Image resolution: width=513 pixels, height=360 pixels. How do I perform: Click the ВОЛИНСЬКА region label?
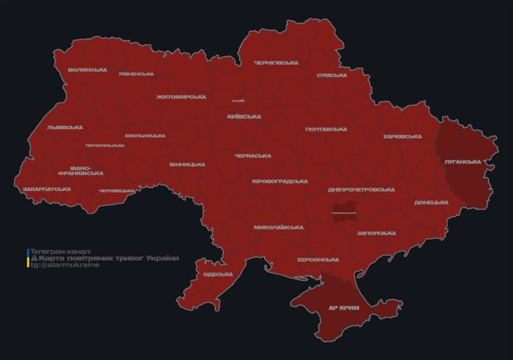pyautogui.click(x=87, y=70)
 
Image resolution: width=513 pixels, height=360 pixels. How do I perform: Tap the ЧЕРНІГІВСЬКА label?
pyautogui.click(x=276, y=63)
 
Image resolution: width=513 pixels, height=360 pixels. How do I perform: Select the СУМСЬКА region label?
pyautogui.click(x=332, y=75)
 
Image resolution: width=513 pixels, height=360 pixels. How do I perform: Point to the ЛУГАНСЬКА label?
pyautogui.click(x=463, y=162)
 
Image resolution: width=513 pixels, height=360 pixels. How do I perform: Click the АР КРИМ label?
pyautogui.click(x=344, y=309)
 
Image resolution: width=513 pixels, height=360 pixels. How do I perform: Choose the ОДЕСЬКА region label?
pyautogui.click(x=218, y=274)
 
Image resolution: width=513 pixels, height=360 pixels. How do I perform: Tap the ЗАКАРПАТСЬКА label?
pyautogui.click(x=47, y=189)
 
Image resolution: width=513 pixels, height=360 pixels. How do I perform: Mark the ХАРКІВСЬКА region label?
pyautogui.click(x=402, y=137)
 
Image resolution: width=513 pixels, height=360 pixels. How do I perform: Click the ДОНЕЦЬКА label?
pyautogui.click(x=431, y=202)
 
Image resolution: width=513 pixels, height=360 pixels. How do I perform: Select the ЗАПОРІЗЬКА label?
pyautogui.click(x=376, y=233)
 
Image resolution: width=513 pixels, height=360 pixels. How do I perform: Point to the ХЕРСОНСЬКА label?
pyautogui.click(x=318, y=260)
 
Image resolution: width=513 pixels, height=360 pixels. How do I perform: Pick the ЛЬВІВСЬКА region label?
pyautogui.click(x=65, y=128)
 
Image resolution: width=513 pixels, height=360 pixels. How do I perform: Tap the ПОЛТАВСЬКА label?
pyautogui.click(x=326, y=130)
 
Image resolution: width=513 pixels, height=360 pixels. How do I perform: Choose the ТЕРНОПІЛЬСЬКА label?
pyautogui.click(x=105, y=145)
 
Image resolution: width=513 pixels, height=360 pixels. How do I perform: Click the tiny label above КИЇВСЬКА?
pyautogui.click(x=238, y=100)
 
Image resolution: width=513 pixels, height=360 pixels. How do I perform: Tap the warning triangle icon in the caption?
pyautogui.click(x=34, y=258)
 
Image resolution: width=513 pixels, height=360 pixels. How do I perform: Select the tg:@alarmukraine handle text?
pyautogui.click(x=57, y=265)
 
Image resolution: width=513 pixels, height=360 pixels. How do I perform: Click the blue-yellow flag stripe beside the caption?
pyautogui.click(x=28, y=258)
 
